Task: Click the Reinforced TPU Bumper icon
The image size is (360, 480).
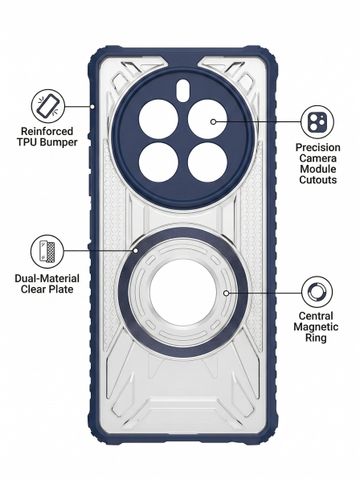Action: pyautogui.click(x=48, y=106)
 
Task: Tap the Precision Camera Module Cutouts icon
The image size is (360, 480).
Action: pyautogui.click(x=317, y=122)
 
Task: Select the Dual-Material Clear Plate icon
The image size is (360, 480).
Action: pyautogui.click(x=47, y=251)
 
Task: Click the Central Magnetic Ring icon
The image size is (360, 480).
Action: pyautogui.click(x=317, y=292)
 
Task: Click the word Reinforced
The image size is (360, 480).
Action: pyautogui.click(x=47, y=131)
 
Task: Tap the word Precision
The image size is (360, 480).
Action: pyautogui.click(x=318, y=147)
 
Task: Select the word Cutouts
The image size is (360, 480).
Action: pyautogui.click(x=318, y=180)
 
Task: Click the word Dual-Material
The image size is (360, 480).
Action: pyautogui.click(x=47, y=278)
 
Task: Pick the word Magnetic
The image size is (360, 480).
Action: pyautogui.click(x=316, y=327)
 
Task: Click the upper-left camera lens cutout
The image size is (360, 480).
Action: pyautogui.click(x=158, y=119)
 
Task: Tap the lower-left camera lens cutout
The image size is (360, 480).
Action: pyautogui.click(x=158, y=162)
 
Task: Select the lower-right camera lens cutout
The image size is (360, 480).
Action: pyautogui.click(x=207, y=162)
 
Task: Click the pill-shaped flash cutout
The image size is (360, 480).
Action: pyautogui.click(x=183, y=89)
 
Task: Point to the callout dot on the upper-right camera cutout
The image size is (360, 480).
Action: pyautogui.click(x=213, y=122)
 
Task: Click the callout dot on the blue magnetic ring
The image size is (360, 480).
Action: pyautogui.click(x=136, y=250)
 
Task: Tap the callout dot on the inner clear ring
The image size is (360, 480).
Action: pyautogui.click(x=226, y=293)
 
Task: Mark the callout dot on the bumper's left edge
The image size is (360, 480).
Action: pyautogui.click(x=92, y=106)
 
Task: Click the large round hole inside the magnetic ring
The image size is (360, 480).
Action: pyautogui.click(x=183, y=292)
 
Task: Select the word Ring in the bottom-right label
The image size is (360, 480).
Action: pyautogui.click(x=316, y=338)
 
